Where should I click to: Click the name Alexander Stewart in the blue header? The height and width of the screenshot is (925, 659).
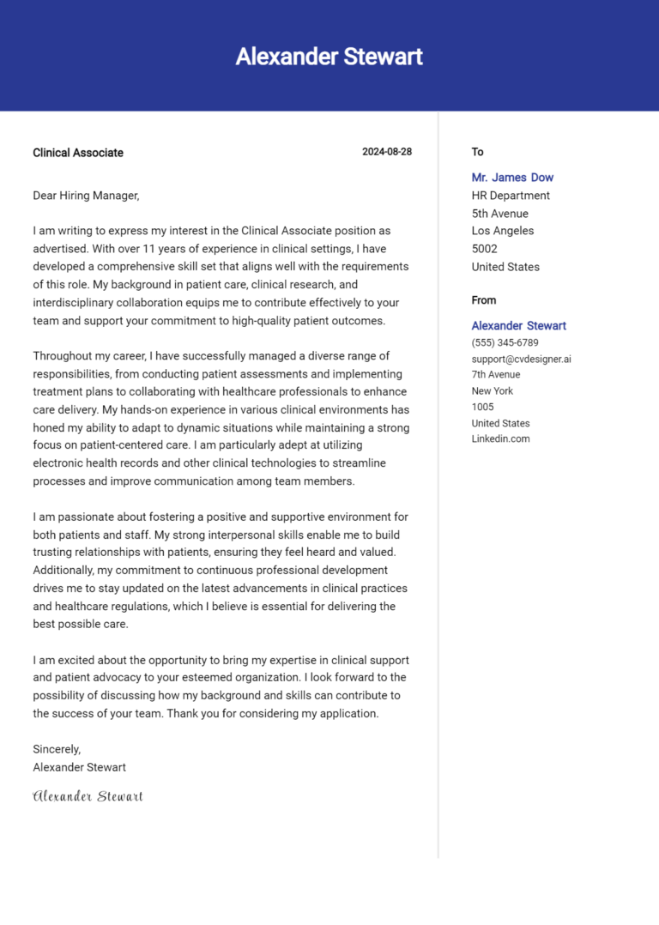point(329,57)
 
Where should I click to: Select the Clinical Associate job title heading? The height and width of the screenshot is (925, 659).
point(78,153)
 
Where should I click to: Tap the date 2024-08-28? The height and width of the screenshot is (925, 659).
point(386,152)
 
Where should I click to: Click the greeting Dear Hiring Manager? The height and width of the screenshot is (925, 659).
point(86,196)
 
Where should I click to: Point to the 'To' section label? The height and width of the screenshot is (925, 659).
point(477,152)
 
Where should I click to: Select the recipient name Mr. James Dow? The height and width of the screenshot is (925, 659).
point(512,178)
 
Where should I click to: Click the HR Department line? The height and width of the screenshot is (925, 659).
point(511,196)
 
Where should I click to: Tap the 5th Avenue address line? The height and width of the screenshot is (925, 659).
point(499,214)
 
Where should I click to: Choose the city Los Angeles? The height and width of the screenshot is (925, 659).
point(502,231)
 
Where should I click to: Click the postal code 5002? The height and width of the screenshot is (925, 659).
point(485,249)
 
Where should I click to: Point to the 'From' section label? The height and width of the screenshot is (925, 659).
point(484,300)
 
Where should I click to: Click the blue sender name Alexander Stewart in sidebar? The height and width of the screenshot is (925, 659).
point(518,326)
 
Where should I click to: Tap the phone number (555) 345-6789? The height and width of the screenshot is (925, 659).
point(505,342)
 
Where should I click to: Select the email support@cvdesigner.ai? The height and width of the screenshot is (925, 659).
point(521,359)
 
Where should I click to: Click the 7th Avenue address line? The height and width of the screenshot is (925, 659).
point(495,375)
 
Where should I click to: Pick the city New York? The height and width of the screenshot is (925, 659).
point(492,391)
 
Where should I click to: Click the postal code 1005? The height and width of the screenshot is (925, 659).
point(482,407)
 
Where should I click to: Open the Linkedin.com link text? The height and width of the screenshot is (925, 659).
point(500,438)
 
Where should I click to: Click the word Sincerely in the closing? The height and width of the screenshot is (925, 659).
point(57,749)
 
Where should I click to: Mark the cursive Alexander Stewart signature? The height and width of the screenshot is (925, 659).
point(88,796)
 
